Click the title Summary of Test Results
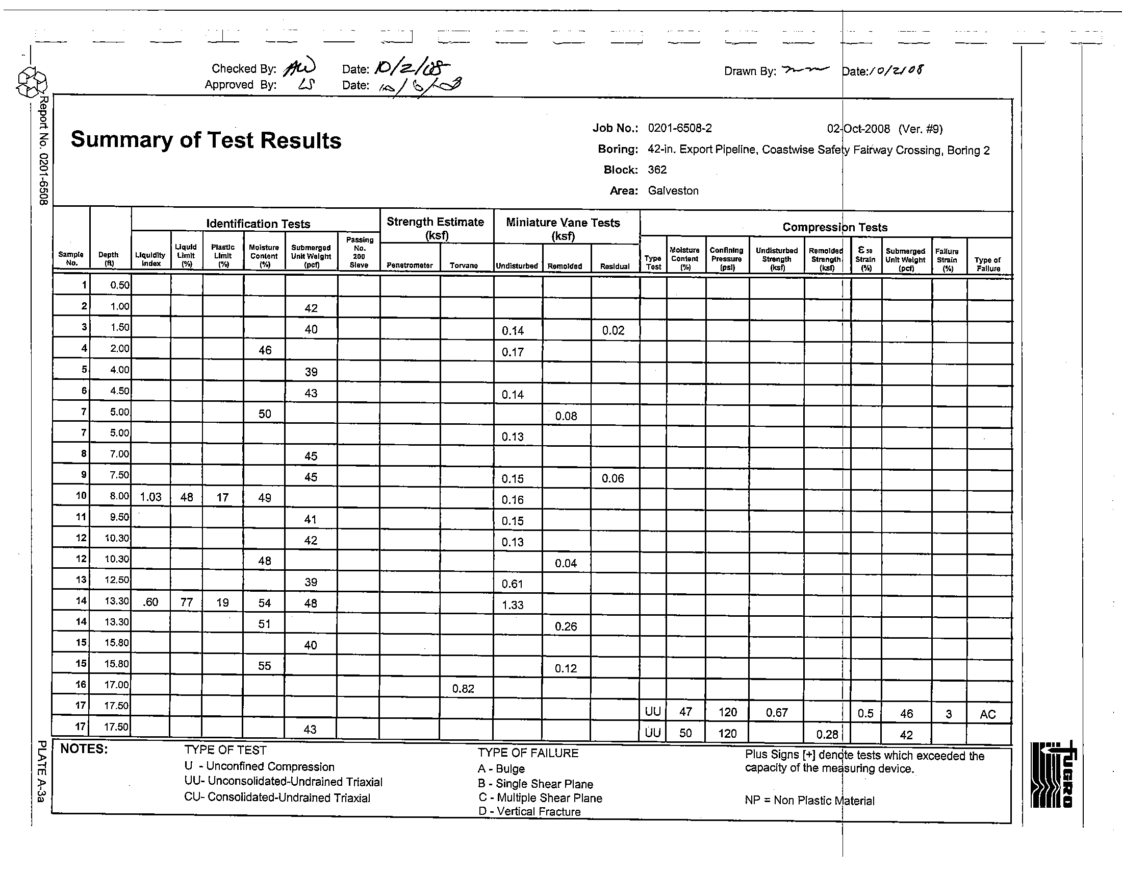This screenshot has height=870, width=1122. (206, 140)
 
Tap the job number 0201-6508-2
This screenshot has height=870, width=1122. (679, 128)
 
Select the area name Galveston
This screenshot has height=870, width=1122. (673, 191)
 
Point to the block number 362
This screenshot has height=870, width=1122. (657, 170)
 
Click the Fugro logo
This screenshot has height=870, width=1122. (1053, 775)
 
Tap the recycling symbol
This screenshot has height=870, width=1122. (32, 83)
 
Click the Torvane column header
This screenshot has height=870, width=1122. (464, 265)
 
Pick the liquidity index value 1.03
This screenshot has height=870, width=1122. (150, 497)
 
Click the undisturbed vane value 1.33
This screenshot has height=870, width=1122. (513, 605)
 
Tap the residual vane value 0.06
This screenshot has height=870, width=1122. (613, 479)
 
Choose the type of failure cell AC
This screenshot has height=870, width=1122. (987, 714)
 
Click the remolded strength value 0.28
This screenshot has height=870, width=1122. (827, 735)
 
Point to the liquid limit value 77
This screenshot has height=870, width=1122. (187, 602)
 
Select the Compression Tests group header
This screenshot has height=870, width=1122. (835, 227)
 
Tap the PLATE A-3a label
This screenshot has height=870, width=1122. (42, 772)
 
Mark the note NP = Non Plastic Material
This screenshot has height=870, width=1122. (809, 801)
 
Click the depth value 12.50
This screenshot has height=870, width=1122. (117, 580)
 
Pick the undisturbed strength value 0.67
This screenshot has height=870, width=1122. (776, 713)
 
